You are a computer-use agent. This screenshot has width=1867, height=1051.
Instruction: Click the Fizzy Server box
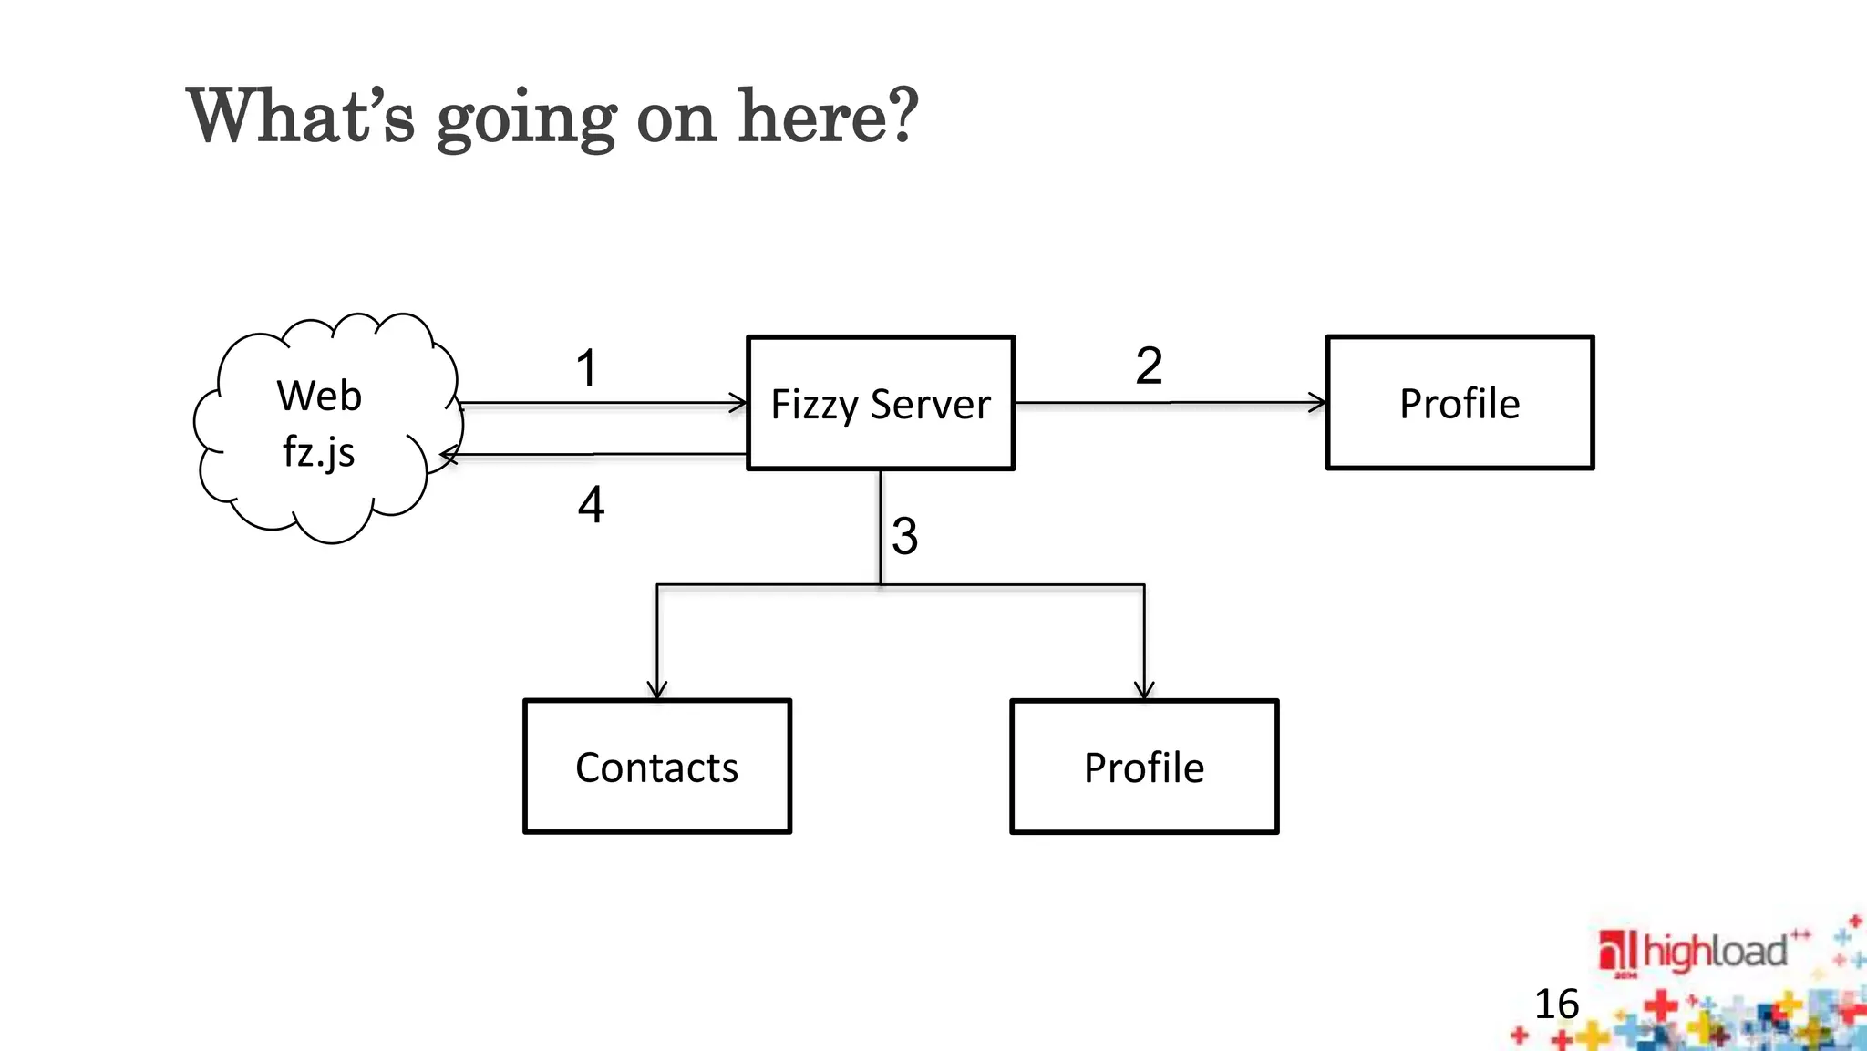coord(880,403)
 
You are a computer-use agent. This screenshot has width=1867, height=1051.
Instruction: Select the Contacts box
coord(656,767)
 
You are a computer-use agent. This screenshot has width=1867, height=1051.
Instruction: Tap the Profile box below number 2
coord(1460,403)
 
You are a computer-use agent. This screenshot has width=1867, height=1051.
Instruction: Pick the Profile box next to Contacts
coord(1144,767)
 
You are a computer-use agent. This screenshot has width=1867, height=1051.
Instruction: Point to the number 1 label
coord(586,368)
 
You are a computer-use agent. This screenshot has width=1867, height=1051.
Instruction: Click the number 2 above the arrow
coord(1149,366)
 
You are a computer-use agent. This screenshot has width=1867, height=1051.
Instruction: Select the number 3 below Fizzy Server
coord(904,536)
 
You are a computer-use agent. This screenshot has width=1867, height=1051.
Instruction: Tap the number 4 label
coord(591,504)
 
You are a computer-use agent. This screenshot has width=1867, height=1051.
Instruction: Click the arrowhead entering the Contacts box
coord(657,690)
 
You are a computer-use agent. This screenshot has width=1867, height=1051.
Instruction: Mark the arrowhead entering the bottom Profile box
coord(1144,690)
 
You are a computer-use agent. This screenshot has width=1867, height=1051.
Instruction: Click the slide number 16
coord(1556,1005)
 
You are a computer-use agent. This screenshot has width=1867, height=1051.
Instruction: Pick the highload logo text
coord(1714,952)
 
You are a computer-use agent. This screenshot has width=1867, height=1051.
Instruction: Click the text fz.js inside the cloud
coord(318,452)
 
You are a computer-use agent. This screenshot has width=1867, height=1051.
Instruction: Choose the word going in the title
coord(526,120)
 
